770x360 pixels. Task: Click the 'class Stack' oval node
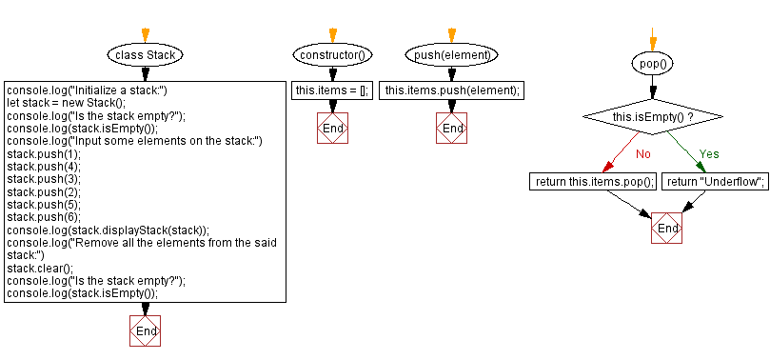tap(145, 54)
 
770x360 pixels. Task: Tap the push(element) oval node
tap(452, 54)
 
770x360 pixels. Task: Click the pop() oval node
tap(652, 64)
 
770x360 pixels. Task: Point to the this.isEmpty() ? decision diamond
tap(652, 117)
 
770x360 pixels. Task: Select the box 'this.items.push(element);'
tap(452, 90)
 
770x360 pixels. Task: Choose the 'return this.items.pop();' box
tap(594, 181)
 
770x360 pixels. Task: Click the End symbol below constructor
tap(332, 129)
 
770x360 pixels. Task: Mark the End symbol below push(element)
tap(453, 129)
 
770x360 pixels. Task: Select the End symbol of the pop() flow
tap(667, 229)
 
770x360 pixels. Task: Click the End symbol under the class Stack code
tap(146, 330)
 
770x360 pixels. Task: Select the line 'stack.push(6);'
tap(44, 216)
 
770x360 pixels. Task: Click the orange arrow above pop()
tap(652, 41)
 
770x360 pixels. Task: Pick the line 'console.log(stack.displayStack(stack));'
tap(108, 230)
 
